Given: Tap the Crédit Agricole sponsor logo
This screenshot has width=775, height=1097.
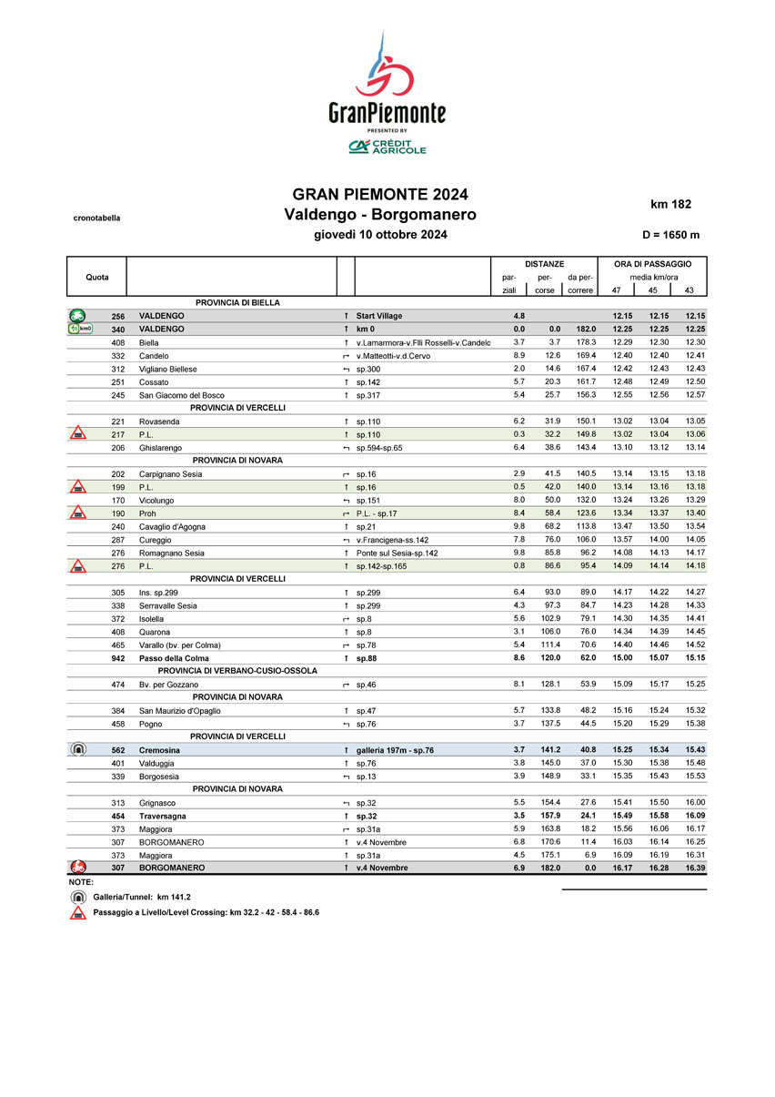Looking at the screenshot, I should pyautogui.click(x=387, y=147).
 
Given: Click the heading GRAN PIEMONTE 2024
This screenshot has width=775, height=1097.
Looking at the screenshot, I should pyautogui.click(x=379, y=195).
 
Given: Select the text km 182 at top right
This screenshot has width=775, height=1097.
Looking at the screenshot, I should pyautogui.click(x=672, y=204).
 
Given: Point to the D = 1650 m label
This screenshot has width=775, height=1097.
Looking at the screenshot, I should pyautogui.click(x=670, y=235).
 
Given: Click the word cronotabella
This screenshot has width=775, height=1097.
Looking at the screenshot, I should pyautogui.click(x=96, y=218).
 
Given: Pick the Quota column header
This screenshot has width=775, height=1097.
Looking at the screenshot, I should pyautogui.click(x=97, y=277).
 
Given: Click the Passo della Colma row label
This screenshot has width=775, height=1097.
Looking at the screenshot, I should pyautogui.click(x=174, y=658).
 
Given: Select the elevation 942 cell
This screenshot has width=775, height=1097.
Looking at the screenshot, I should pyautogui.click(x=117, y=658).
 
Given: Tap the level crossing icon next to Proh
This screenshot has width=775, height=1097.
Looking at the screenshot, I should pyautogui.click(x=79, y=513).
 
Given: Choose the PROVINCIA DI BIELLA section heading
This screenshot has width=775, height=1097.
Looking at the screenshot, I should pyautogui.click(x=237, y=302).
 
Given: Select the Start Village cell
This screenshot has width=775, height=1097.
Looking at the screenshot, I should pyautogui.click(x=379, y=316).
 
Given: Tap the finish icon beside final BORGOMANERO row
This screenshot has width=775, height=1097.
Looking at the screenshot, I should pyautogui.click(x=79, y=868).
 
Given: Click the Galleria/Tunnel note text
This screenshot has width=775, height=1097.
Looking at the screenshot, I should pyautogui.click(x=142, y=898).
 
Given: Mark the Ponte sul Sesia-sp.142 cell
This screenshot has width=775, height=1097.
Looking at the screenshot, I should pyautogui.click(x=397, y=553).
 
